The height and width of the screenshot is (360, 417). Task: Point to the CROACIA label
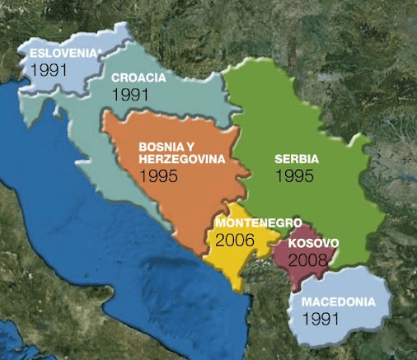click(138, 78)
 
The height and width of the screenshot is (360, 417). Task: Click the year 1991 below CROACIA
click(129, 95)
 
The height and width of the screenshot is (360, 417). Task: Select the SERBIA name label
click(297, 158)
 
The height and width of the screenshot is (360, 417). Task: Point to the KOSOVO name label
click(310, 245)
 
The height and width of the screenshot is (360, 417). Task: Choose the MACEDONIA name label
click(339, 301)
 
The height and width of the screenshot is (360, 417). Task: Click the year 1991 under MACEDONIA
click(321, 317)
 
